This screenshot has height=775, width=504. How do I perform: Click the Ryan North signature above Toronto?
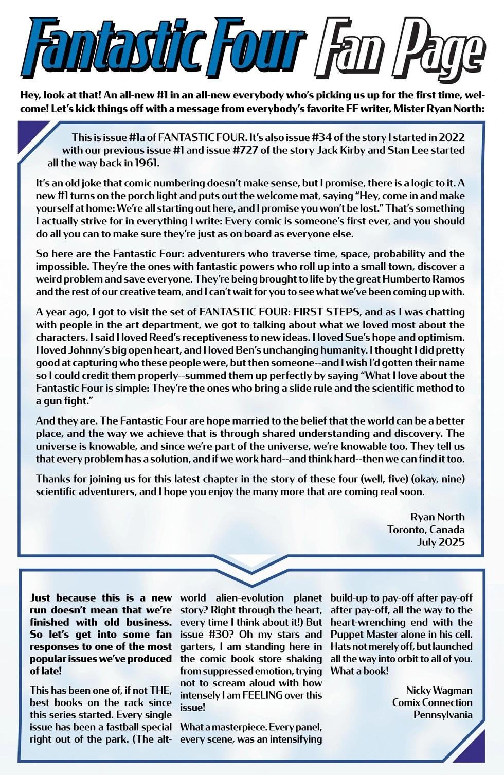(437, 517)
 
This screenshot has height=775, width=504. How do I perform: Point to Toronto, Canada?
(426, 529)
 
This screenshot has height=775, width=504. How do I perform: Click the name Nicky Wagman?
(439, 690)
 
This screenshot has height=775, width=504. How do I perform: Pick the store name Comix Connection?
(432, 702)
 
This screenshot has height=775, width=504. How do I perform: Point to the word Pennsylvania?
(442, 715)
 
